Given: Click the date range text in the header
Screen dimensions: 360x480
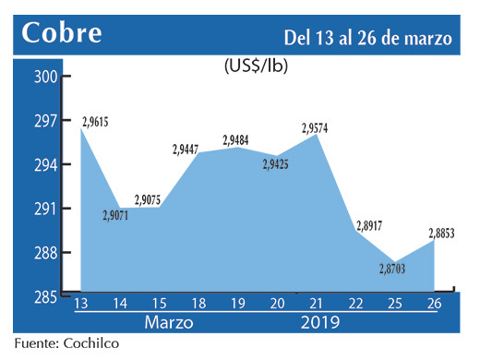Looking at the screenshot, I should [x=368, y=38].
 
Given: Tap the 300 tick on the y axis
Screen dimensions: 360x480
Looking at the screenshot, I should [x=45, y=77].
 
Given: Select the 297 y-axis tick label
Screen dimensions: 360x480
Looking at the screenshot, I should [x=45, y=121].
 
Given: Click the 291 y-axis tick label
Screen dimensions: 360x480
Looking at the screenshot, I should [x=45, y=209].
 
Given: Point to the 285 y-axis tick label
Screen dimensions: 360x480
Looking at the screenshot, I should [x=45, y=296].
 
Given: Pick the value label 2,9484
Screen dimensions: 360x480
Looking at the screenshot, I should [x=237, y=140].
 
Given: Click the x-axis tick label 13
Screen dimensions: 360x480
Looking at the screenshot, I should [x=81, y=306].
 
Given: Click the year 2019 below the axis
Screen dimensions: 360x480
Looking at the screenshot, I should [x=318, y=323].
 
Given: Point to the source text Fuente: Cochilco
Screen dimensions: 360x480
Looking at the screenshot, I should [x=66, y=343].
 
